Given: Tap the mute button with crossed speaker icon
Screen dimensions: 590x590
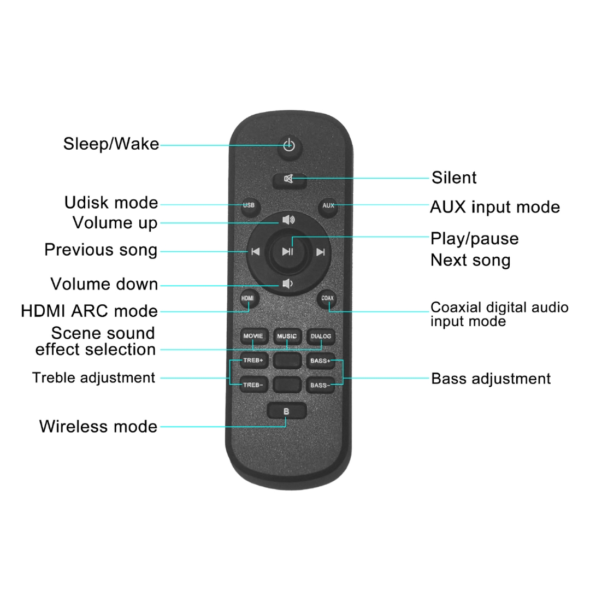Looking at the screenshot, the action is pos(290,180).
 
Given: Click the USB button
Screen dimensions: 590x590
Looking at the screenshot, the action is pos(249,206).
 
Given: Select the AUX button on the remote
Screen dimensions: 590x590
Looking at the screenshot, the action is pos(328,206).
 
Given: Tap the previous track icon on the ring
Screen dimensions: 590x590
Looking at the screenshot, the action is pos(256,251).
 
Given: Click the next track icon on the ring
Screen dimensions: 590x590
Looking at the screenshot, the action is pos(321,252).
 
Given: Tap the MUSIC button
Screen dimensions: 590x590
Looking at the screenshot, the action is pos(287,337).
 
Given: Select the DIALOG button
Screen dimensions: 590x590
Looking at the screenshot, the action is pos(321,337).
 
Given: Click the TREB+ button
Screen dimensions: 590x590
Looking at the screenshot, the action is pos(254,361).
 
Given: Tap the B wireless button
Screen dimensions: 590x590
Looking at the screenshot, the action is pos(287,411).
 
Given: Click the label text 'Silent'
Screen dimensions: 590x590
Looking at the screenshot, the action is pos(454,178).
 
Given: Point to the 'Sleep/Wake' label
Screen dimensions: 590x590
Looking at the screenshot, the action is pos(111,144).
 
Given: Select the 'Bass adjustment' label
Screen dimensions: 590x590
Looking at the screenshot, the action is pos(491,379).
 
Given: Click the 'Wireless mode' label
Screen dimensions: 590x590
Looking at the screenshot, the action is pos(98,426).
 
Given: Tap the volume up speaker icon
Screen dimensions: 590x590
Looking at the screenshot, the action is pos(288,220).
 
